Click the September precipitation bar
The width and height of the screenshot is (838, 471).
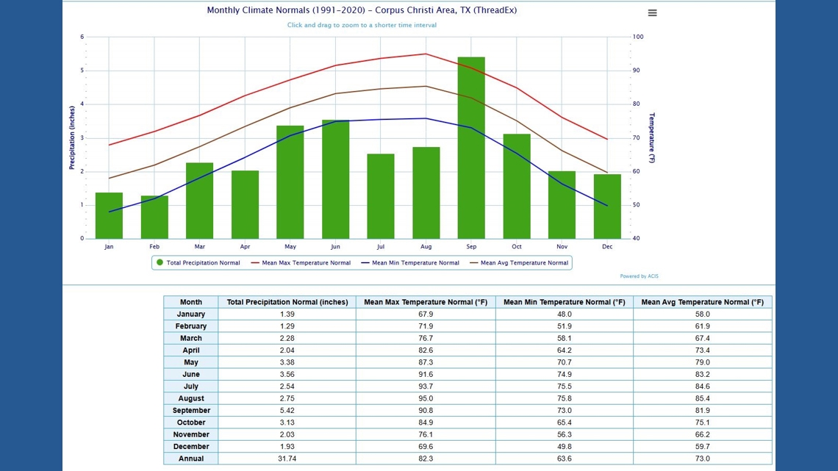pyautogui.click(x=471, y=147)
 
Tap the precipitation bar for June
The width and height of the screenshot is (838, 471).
pyautogui.click(x=335, y=179)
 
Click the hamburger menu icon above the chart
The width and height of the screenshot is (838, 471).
pyautogui.click(x=652, y=13)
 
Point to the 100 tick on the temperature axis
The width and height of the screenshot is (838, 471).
pyautogui.click(x=638, y=37)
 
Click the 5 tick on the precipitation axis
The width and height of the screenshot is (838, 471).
pyautogui.click(x=82, y=71)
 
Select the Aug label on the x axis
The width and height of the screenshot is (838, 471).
pyautogui.click(x=426, y=247)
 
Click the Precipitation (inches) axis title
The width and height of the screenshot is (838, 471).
pyautogui.click(x=72, y=137)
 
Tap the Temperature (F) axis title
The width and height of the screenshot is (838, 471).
pyautogui.click(x=651, y=137)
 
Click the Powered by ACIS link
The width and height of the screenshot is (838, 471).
pyautogui.click(x=639, y=276)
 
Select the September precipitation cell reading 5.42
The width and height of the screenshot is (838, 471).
pyautogui.click(x=287, y=410)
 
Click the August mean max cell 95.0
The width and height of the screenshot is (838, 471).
pyautogui.click(x=425, y=398)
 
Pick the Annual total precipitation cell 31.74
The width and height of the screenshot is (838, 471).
pyautogui.click(x=287, y=459)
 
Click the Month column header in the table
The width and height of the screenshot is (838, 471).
pyautogui.click(x=190, y=302)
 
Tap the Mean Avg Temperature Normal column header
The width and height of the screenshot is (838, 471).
pyautogui.click(x=702, y=302)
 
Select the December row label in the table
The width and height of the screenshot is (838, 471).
pyautogui.click(x=190, y=446)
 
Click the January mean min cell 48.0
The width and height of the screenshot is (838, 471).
pyautogui.click(x=564, y=314)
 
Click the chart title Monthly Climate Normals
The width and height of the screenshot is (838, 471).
pyautogui.click(x=362, y=10)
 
